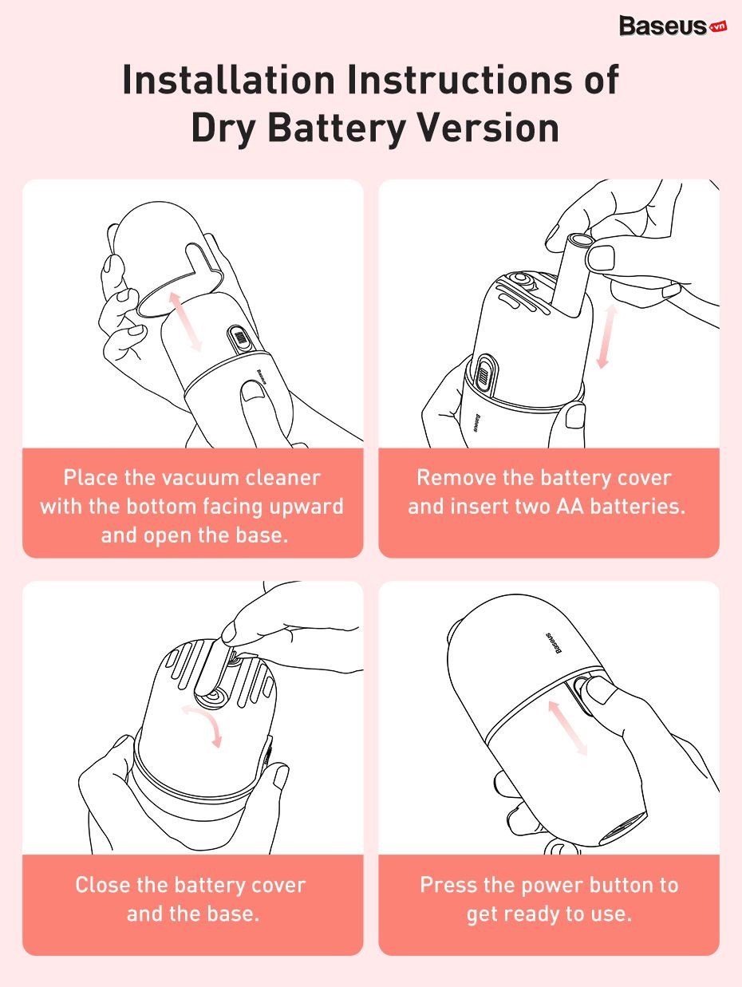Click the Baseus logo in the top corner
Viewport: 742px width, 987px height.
tap(673, 26)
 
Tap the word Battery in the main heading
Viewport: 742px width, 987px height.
tap(337, 128)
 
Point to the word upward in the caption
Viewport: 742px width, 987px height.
tap(306, 507)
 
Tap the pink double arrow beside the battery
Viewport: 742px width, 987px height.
tap(606, 337)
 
